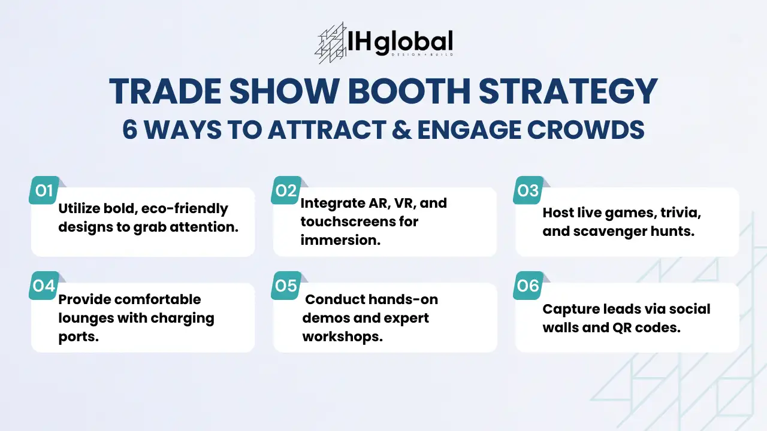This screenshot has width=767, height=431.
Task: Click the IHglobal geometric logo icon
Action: pyautogui.click(x=330, y=43)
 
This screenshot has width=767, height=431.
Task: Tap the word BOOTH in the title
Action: pyautogui.click(x=409, y=92)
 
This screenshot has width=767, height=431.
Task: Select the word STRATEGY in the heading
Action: pyautogui.click(x=568, y=92)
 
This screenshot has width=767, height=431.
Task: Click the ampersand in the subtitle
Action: pyautogui.click(x=401, y=130)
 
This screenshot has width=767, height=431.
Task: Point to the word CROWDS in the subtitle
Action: pyautogui.click(x=586, y=130)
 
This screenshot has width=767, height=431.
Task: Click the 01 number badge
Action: pyautogui.click(x=44, y=190)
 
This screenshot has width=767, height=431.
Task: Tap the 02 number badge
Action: pyautogui.click(x=286, y=190)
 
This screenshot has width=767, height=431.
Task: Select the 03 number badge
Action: pyautogui.click(x=529, y=190)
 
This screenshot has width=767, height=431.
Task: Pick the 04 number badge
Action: pyautogui.click(x=44, y=286)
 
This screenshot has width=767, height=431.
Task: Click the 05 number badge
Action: pyautogui.click(x=286, y=286)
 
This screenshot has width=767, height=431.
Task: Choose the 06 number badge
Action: pyautogui.click(x=529, y=286)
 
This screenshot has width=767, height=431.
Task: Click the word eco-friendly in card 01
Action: pyautogui.click(x=185, y=209)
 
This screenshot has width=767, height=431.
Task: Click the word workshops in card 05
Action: pyautogui.click(x=342, y=336)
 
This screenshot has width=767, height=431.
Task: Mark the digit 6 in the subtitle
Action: pyautogui.click(x=130, y=130)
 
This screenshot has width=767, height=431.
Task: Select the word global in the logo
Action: pyautogui.click(x=413, y=43)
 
